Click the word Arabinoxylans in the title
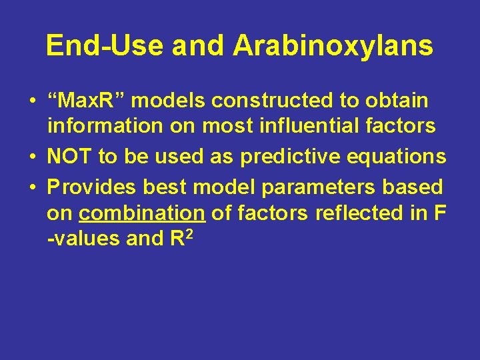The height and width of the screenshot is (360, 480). pyautogui.click(x=333, y=46)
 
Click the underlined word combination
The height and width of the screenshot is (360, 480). pyautogui.click(x=141, y=213)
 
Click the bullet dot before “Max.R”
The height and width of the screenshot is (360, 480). pyautogui.click(x=32, y=102)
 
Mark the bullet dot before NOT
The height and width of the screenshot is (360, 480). pyautogui.click(x=32, y=157)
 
